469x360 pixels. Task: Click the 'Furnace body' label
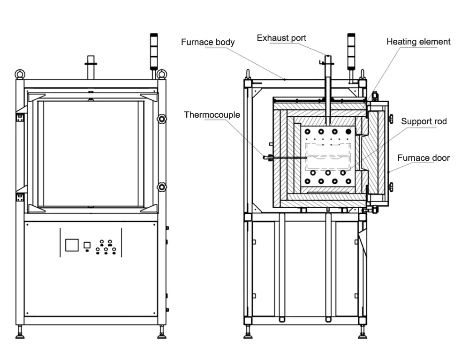[x=208, y=42]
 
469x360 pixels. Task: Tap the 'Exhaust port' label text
[x=281, y=38]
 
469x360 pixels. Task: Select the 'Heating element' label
[x=418, y=42]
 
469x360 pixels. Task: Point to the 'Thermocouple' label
[x=212, y=115]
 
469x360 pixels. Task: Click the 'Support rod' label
[x=424, y=121]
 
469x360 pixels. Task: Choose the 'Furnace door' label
[x=424, y=158]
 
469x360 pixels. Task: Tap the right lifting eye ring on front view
[x=161, y=74]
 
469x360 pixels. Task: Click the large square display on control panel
[x=72, y=245]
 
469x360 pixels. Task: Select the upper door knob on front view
[x=162, y=119]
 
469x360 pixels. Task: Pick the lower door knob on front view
[x=162, y=187]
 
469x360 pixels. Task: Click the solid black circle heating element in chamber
[x=348, y=132]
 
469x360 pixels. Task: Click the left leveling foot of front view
[x=20, y=335]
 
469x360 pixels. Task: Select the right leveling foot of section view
[x=362, y=335]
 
